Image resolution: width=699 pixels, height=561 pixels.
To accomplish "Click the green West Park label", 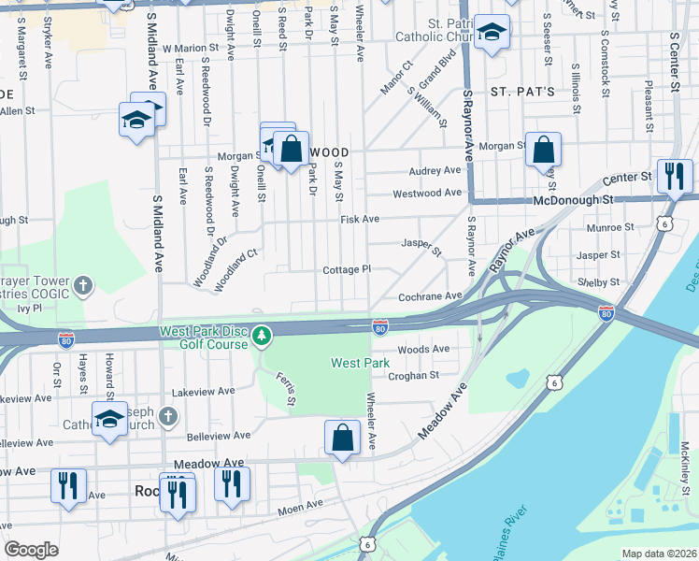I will coord(360,362).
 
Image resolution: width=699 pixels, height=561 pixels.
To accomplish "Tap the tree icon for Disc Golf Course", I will coord(264,333).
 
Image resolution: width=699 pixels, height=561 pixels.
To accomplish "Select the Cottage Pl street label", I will coord(347,269).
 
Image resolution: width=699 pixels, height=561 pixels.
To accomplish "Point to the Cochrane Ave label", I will coord(431,295).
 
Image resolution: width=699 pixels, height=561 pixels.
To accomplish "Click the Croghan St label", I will coord(414,375).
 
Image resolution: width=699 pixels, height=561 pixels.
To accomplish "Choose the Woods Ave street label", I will coord(423,349).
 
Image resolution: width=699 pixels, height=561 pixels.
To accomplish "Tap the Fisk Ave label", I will coord(360,219).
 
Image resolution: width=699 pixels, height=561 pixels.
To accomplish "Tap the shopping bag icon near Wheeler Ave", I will coord(343,437).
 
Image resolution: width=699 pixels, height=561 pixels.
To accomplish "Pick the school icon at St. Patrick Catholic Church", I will coord(492,34).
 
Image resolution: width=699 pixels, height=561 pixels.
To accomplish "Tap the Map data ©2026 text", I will coord(659,554).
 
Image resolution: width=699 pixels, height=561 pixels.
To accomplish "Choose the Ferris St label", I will coord(286,388).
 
